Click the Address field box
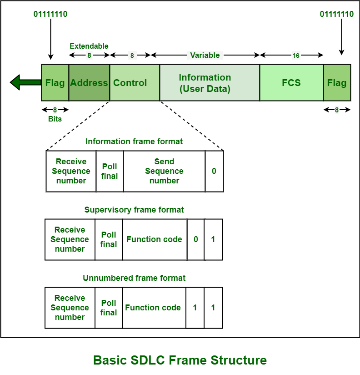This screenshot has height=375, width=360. [89, 82]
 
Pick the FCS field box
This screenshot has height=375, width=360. [291, 82]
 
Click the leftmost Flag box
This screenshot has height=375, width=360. [55, 82]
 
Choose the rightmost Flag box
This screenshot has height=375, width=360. [337, 82]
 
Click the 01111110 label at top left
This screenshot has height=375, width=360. [50, 14]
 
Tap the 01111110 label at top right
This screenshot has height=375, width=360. [337, 14]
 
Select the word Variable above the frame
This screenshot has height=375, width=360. [205, 55]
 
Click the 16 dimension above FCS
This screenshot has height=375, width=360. [296, 56]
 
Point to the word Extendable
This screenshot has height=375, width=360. [89, 46]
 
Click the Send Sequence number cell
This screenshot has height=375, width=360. [164, 171]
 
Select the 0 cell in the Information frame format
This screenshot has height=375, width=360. [214, 171]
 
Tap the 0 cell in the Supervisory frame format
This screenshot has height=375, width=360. [196, 239]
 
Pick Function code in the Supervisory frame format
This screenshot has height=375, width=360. [155, 239]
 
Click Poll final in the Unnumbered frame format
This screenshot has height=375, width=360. [109, 308]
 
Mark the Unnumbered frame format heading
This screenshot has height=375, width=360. [134, 278]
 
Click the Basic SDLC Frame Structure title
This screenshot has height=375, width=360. [180, 360]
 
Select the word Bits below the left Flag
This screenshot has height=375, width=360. [55, 118]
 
